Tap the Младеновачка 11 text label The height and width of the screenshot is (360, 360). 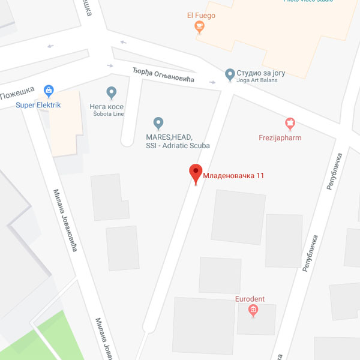(234, 176)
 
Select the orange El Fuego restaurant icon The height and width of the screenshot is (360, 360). (199, 26)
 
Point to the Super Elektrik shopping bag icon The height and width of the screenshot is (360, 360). (49, 91)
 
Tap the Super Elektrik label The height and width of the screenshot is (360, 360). (38, 106)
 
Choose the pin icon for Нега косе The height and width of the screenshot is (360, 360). (111, 92)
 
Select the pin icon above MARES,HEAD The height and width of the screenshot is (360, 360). (158, 124)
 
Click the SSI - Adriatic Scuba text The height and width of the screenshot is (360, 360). (174, 146)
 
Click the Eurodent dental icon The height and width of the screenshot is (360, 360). (253, 310)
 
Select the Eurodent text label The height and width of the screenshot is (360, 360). (250, 299)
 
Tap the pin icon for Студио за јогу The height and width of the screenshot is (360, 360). (229, 74)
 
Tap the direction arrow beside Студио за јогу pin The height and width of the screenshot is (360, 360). (213, 82)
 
